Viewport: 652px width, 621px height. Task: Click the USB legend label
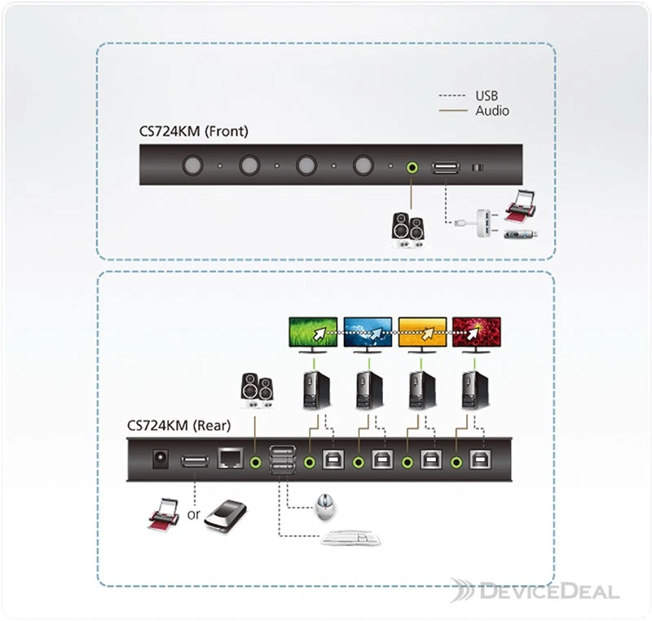(x=487, y=95)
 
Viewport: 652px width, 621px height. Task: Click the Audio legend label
(x=492, y=111)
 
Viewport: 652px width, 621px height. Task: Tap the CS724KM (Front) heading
(x=193, y=131)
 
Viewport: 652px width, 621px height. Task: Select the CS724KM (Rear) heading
(x=178, y=425)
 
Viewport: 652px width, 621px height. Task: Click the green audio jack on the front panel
(x=412, y=167)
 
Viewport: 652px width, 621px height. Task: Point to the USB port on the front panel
(x=446, y=168)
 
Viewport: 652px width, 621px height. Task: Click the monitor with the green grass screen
(x=313, y=335)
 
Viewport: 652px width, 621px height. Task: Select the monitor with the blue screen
(x=368, y=335)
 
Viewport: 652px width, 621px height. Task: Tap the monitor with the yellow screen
(x=422, y=335)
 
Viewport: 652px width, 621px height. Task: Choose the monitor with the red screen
(x=477, y=335)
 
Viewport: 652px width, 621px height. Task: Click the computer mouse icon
(x=324, y=507)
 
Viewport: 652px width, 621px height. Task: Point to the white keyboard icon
(x=350, y=538)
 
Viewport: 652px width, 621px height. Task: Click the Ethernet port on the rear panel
(x=230, y=459)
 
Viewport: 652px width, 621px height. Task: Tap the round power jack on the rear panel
(x=161, y=459)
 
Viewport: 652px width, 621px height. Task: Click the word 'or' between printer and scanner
(x=193, y=515)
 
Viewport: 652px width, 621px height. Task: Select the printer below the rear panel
(x=164, y=513)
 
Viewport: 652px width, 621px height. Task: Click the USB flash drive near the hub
(x=521, y=234)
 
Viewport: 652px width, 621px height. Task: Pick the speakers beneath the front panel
(x=408, y=230)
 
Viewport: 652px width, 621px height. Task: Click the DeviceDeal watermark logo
(x=535, y=591)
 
